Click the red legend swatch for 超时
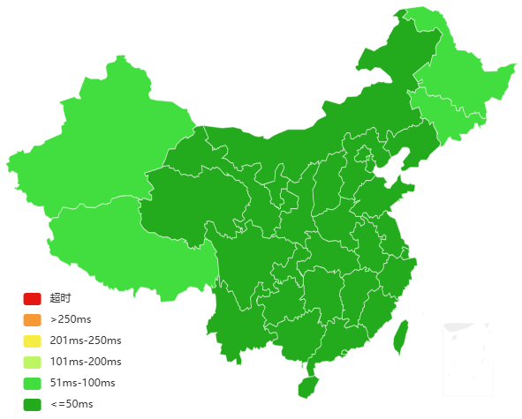(32, 298)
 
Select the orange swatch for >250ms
(32, 319)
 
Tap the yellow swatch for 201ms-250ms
(32, 340)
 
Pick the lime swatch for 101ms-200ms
(32, 362)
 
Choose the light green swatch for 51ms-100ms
(32, 383)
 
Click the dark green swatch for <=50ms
(32, 404)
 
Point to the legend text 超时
(60, 298)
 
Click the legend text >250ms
(70, 319)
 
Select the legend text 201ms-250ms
(86, 340)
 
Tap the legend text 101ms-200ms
(86, 362)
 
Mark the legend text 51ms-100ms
(82, 383)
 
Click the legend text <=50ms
(72, 404)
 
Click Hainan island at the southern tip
(306, 386)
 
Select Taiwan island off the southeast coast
(400, 335)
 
